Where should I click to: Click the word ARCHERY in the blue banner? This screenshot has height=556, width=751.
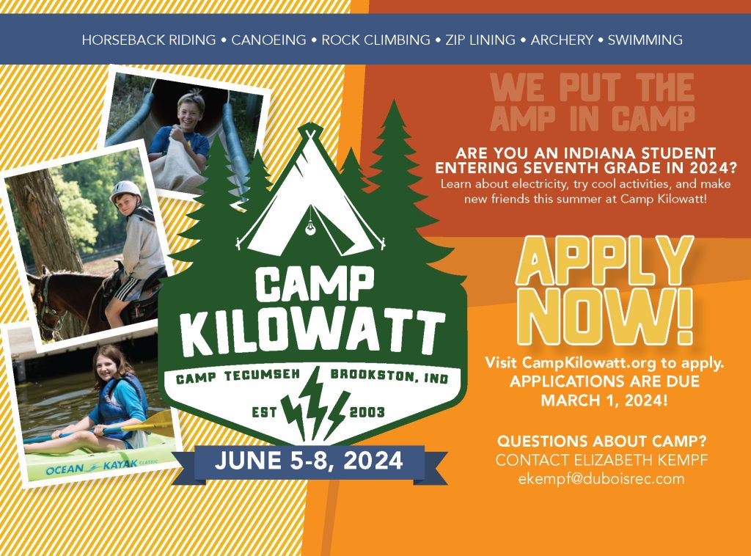[562, 40]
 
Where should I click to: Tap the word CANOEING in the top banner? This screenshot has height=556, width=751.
[268, 40]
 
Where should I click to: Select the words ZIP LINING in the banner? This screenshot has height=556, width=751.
[480, 40]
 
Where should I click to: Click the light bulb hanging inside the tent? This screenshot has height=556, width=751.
[311, 228]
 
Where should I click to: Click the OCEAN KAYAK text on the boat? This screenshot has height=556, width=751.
[92, 467]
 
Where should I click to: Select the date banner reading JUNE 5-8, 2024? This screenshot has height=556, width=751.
[309, 461]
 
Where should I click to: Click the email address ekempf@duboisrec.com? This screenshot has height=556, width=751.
[601, 479]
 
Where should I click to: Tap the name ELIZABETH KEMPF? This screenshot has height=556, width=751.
[641, 460]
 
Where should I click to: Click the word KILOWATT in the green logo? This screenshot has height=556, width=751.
[314, 332]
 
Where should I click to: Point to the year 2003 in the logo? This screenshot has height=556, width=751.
[367, 411]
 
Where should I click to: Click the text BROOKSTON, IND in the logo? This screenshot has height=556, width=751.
[389, 376]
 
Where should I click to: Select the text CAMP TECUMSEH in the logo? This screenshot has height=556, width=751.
[238, 376]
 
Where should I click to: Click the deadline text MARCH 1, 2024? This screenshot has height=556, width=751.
[604, 400]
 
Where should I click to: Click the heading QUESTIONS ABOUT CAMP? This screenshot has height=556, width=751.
[601, 441]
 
